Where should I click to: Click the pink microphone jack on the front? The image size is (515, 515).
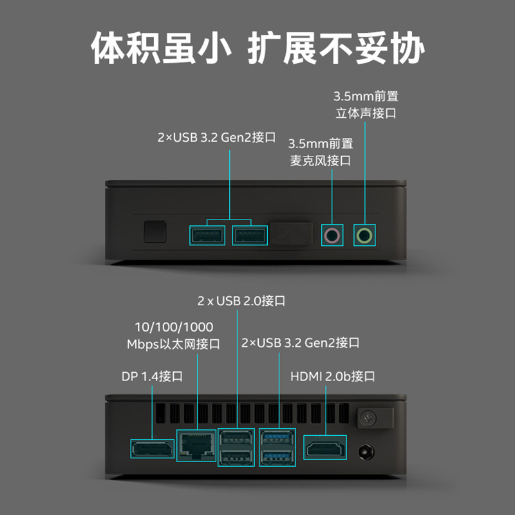click(x=332, y=236)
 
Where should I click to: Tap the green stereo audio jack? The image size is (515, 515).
click(x=365, y=235)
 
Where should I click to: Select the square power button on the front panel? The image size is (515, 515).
click(x=155, y=231)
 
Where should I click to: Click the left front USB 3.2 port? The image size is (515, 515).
click(x=207, y=236)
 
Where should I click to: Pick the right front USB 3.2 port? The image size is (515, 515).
click(x=249, y=236)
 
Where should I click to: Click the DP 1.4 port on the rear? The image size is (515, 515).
click(x=151, y=449)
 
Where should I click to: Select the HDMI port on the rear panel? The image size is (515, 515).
click(x=325, y=448)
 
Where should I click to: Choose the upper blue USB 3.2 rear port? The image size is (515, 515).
click(x=277, y=438)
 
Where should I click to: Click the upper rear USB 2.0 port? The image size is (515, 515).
click(x=238, y=438)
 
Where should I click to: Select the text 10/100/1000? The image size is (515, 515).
click(x=174, y=327)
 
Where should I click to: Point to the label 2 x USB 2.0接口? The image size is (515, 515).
click(x=241, y=301)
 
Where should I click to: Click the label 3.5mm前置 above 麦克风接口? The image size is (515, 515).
click(x=321, y=144)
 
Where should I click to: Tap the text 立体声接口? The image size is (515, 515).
click(x=365, y=113)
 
